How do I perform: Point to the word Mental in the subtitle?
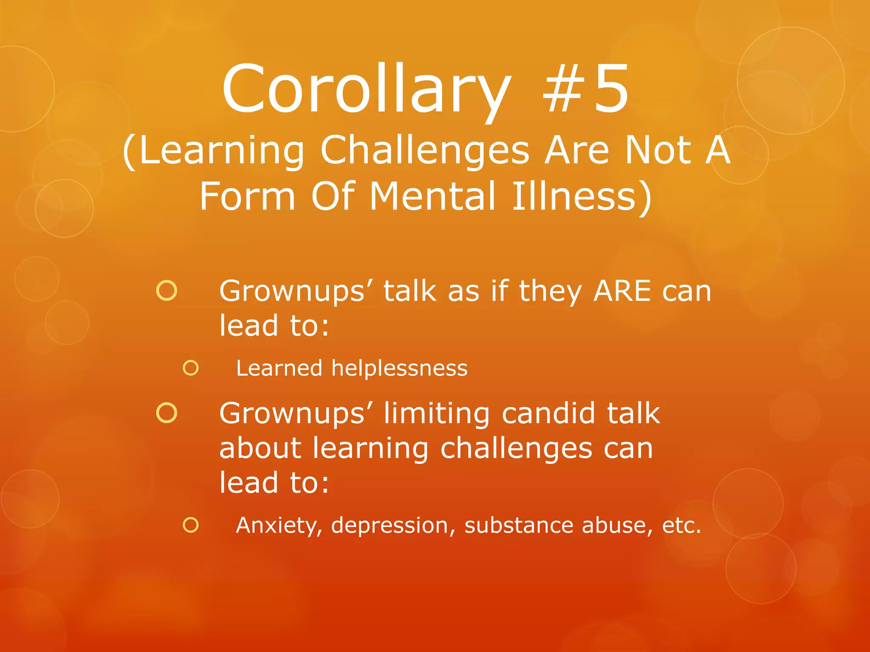pos(433,196)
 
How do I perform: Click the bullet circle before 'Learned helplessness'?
pos(191,368)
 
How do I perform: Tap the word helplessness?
pos(399,368)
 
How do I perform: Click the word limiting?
pos(437,414)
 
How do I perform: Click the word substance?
pos(518,526)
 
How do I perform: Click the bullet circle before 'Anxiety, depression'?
pos(191,525)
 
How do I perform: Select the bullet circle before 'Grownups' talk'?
pos(167,291)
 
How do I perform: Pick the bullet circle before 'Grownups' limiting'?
pos(167,413)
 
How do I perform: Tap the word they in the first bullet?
pos(550,292)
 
